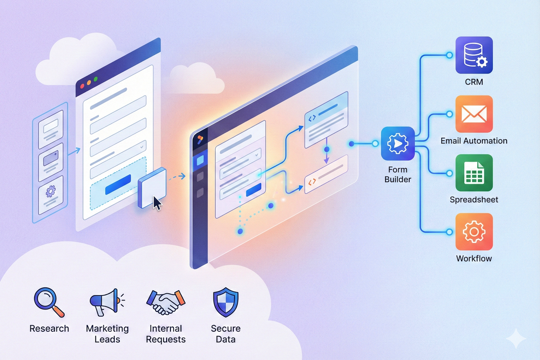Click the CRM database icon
point(474,55)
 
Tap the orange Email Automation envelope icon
point(474,114)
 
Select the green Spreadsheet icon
point(474,173)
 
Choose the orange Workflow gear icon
point(474,231)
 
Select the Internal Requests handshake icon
point(165,302)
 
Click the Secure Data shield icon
point(226,302)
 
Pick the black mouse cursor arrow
point(157,203)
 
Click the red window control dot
point(82,86)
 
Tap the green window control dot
point(95,79)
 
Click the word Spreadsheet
point(474,200)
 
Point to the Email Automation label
point(474,141)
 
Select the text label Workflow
point(474,258)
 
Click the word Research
point(49,328)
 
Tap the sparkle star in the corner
point(516,338)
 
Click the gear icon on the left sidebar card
point(50,192)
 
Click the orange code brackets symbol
point(312,182)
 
